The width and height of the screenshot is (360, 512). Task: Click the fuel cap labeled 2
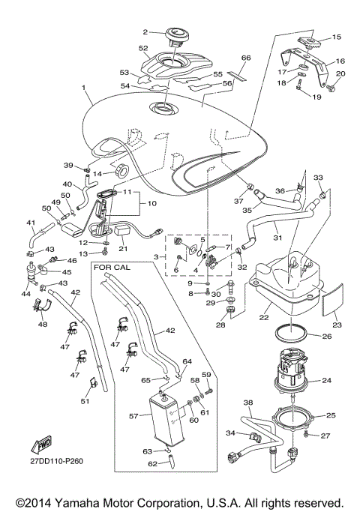180,35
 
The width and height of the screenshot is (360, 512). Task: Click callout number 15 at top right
336,36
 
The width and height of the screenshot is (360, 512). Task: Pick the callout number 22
264,318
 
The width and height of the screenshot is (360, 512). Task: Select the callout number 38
247,403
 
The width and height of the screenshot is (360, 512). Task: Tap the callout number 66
245,58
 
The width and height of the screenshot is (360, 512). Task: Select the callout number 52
143,48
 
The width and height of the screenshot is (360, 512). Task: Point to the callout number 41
31,223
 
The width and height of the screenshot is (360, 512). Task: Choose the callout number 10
152,203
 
